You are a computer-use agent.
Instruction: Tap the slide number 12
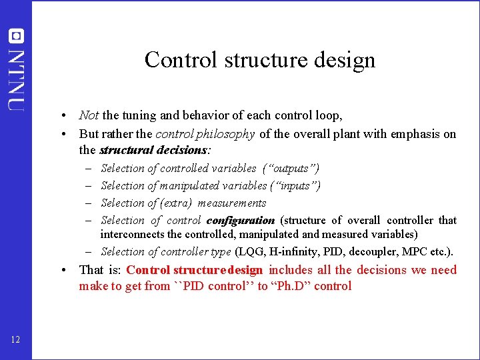(x=16, y=341)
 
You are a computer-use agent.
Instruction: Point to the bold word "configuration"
(x=241, y=220)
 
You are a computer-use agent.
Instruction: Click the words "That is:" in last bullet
(x=100, y=270)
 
